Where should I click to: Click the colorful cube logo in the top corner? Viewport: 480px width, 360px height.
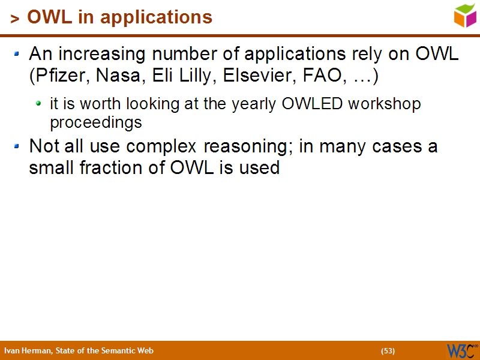(464, 15)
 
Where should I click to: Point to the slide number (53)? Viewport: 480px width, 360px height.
(388, 351)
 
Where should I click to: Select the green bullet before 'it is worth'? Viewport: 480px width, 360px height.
(38, 104)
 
